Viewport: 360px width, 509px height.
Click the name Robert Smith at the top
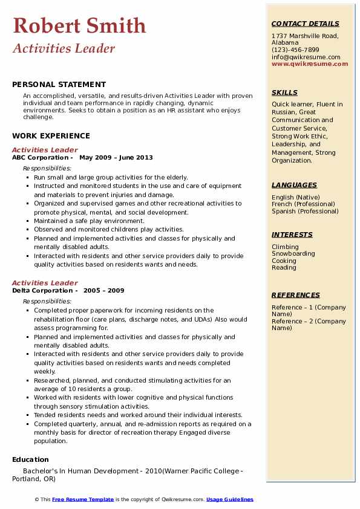79,25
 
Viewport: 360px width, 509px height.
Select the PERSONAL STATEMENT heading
59,85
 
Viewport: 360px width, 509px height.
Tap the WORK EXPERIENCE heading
51,136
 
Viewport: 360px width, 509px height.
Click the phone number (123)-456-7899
295,50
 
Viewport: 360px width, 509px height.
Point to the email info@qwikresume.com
306,57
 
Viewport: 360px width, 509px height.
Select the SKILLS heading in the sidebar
284,92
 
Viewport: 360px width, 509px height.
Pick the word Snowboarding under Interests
293,254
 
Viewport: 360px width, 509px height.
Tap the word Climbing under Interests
285,247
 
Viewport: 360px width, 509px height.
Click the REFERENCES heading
296,295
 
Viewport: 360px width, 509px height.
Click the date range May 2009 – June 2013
116,158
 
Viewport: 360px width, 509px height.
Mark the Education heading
30,459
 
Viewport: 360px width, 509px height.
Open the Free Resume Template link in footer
83,499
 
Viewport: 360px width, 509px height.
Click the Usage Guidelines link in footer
230,499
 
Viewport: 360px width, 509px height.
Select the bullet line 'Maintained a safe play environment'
89,221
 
